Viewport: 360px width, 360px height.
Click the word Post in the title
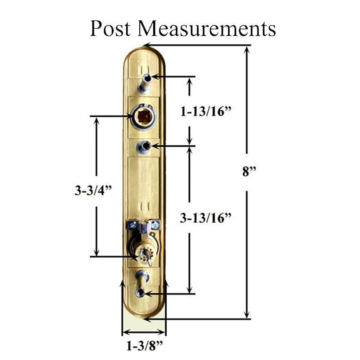pos(110,28)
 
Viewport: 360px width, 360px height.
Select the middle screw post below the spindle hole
pos(144,147)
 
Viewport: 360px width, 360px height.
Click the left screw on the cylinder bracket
pos(132,225)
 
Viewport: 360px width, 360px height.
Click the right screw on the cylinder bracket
pos(155,225)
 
